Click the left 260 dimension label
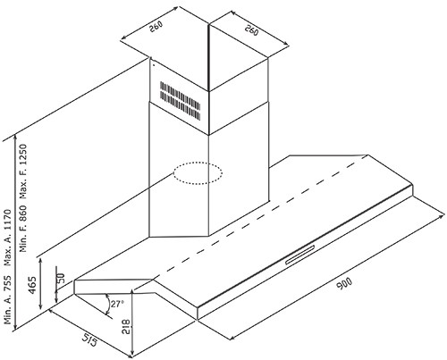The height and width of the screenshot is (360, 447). click(156, 27)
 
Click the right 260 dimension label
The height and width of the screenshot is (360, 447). click(251, 30)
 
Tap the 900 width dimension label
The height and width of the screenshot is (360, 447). click(344, 283)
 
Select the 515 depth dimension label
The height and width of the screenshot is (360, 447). click(90, 339)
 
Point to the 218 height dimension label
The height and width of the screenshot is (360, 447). click(126, 327)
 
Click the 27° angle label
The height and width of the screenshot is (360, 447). click(117, 304)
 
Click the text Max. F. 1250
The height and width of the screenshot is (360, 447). click(23, 172)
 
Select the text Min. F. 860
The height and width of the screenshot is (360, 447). click(23, 229)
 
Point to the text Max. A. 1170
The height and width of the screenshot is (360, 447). click(7, 238)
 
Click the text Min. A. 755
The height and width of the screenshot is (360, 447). click(7, 300)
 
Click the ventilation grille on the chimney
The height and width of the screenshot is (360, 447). click(181, 101)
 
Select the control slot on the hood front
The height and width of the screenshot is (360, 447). click(299, 255)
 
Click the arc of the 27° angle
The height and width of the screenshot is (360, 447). click(108, 304)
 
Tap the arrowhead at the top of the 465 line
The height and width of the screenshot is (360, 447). click(41, 262)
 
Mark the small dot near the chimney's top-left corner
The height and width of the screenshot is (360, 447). click(154, 63)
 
